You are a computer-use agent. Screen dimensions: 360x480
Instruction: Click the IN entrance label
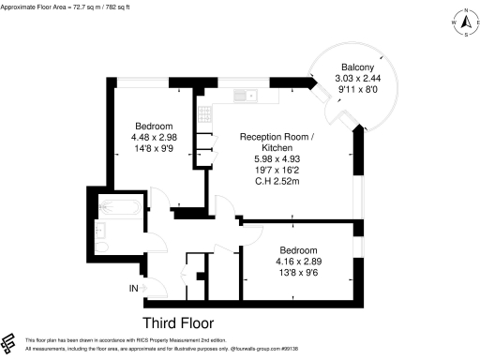coord(133,287)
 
